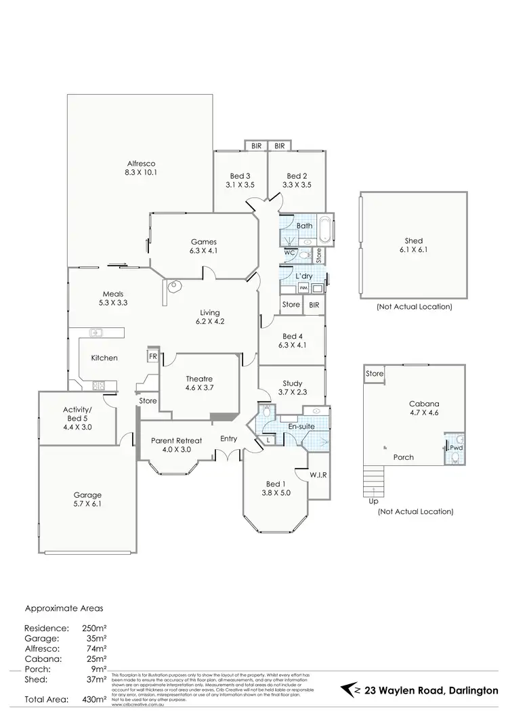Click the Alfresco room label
coord(141,163)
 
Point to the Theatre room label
coord(199,379)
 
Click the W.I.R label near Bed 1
coord(318,475)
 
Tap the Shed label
coord(413,240)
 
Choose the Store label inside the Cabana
coord(375,374)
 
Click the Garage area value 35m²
coord(98,638)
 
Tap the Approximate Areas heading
coord(64,608)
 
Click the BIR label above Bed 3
coord(257,146)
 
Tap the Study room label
coord(292,383)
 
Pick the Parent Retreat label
coord(175,439)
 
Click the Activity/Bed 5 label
coord(77,414)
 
